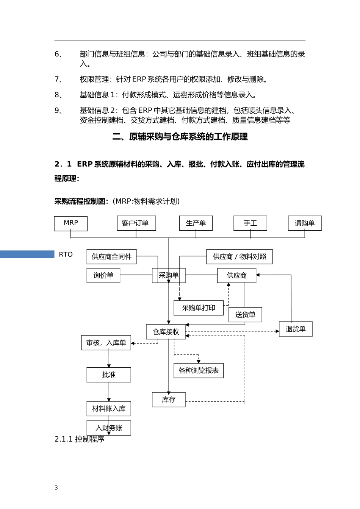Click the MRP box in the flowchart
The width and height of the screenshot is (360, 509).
pos(71,223)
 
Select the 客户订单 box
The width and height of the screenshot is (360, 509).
pos(136,223)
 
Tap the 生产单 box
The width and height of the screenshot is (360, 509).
pos(196,223)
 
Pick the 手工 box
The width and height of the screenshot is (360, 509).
pos(250,223)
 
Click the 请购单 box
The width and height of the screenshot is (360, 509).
pos(305,223)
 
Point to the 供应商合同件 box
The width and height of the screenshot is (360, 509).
pos(111,257)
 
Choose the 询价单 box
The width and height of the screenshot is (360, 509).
pos(103,275)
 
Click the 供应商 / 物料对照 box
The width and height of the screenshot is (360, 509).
pos(239,257)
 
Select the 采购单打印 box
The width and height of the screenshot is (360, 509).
pos(199,308)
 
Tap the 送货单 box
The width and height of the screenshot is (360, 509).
pos(245,315)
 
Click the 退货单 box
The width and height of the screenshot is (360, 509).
pos(296,329)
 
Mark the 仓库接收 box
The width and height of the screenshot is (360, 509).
pos(166,332)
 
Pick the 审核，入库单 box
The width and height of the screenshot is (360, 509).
pos(106,343)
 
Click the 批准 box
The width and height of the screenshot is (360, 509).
pos(109,375)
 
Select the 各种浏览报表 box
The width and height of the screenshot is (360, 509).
pos(199,370)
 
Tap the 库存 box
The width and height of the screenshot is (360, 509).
pos(169,400)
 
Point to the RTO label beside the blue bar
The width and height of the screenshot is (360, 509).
pos(66,254)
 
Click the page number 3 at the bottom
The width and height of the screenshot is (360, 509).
pos(56,488)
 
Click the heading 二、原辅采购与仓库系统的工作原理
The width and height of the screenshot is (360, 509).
pos(180,137)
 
